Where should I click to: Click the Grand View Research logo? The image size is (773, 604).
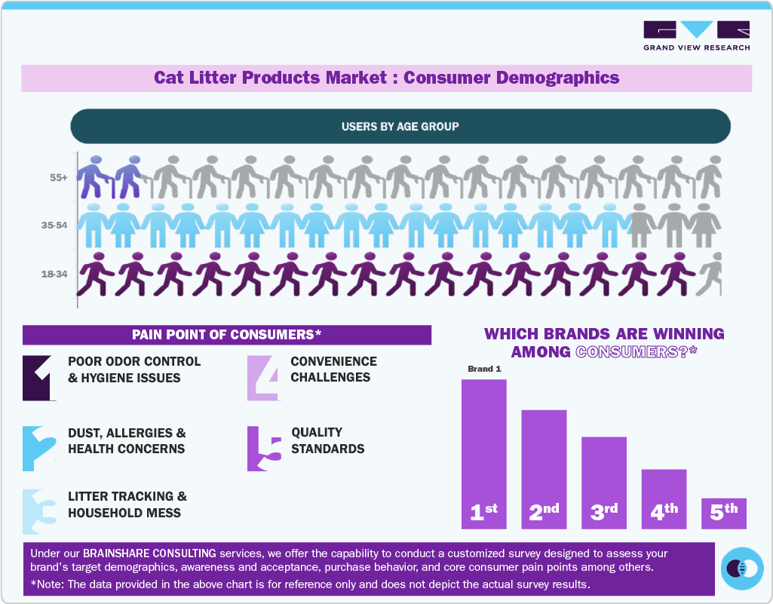[x=696, y=35]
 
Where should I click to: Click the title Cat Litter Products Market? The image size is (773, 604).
[x=386, y=78]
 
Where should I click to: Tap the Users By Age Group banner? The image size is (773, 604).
[x=400, y=126]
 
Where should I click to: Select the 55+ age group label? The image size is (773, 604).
[x=59, y=178]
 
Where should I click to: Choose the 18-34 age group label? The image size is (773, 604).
[x=54, y=274]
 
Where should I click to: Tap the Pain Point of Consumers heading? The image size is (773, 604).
[x=226, y=335]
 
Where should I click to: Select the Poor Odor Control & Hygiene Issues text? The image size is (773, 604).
[x=134, y=369]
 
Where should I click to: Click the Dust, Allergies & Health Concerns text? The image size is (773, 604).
[x=127, y=441]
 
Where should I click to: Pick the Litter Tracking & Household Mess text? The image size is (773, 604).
[x=127, y=504]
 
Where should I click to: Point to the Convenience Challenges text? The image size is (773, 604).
[x=333, y=369]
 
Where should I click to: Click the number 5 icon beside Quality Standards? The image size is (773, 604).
[x=264, y=449]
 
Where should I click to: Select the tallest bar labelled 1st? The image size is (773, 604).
[x=483, y=452]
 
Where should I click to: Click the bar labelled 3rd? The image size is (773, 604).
[x=603, y=483]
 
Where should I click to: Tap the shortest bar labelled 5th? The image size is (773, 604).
[x=724, y=513]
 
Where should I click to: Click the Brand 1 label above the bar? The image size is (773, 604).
[x=483, y=369]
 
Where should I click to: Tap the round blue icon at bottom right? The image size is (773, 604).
[x=742, y=569]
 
